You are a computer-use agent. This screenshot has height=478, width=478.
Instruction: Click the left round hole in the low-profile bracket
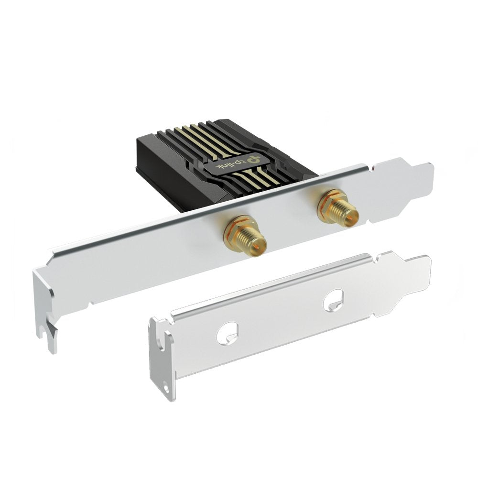(227, 333)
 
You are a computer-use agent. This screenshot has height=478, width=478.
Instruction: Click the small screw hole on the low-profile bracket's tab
(165, 382)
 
